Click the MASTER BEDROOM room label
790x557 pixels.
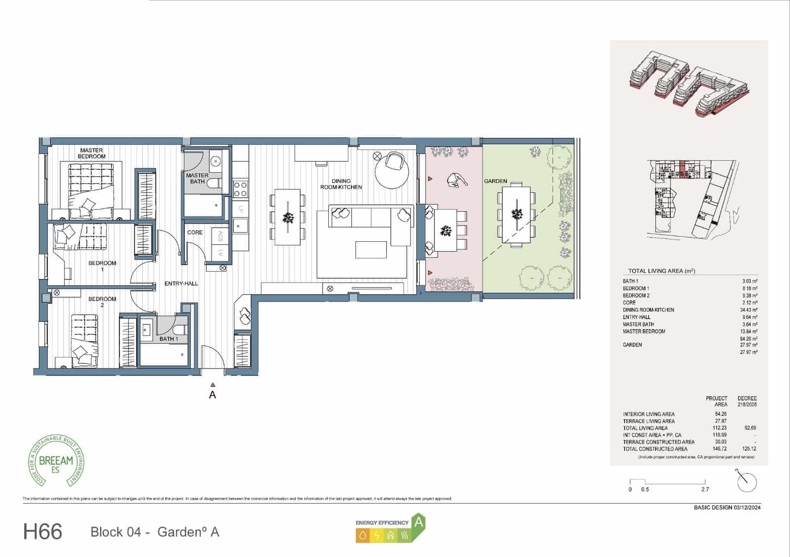pos(91,153)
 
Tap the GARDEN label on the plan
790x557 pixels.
pos(495,182)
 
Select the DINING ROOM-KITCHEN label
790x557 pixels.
pos(341,184)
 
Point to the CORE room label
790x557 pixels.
pos(195,232)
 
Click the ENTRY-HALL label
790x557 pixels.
pos(181,284)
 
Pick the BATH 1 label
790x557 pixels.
pos(168,339)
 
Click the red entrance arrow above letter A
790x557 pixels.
pos(212,384)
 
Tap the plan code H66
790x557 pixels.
pos(42,532)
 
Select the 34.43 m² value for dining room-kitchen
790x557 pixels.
pos(749,310)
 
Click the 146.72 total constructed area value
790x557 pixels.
pos(720,449)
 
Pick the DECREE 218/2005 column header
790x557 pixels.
pos(747,401)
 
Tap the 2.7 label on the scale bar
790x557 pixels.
pos(705,489)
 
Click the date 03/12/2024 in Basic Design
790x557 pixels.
pos(747,507)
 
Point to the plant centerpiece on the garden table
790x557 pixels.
pos(517,214)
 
